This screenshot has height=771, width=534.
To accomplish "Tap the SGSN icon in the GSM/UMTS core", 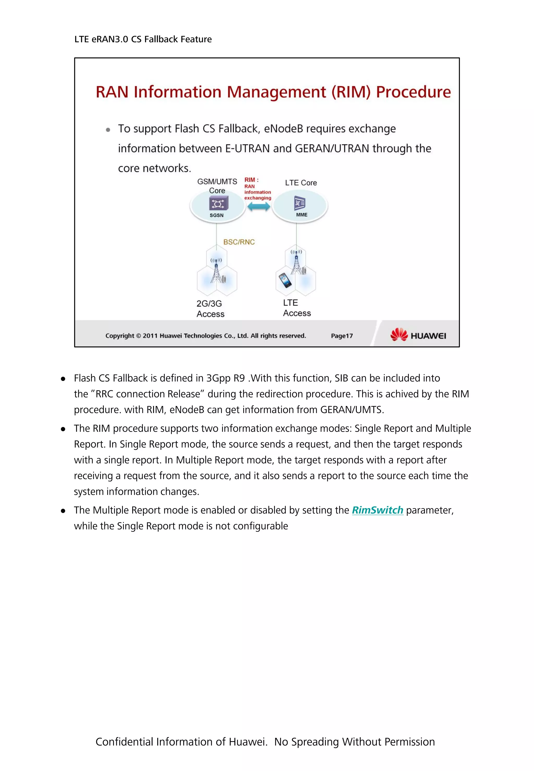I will [x=219, y=203].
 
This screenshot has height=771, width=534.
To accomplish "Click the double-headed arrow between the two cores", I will [x=258, y=207].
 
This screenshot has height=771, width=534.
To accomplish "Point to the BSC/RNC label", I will [x=239, y=242].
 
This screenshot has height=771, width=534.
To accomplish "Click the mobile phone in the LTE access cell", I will [x=285, y=280].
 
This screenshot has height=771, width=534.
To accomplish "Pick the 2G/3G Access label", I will [x=210, y=309].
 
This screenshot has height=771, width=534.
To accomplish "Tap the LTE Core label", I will [x=301, y=183].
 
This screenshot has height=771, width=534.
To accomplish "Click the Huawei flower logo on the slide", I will [x=399, y=334].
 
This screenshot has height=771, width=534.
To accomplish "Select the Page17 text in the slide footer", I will [x=342, y=336].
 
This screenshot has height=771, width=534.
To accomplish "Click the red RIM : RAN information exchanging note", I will [x=257, y=189].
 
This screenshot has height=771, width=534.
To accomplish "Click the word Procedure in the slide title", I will [x=413, y=92].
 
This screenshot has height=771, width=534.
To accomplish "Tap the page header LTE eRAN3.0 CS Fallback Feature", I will [x=143, y=39].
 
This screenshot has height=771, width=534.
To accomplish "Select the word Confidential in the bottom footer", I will [x=124, y=741].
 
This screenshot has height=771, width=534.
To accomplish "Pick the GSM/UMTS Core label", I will [x=217, y=186].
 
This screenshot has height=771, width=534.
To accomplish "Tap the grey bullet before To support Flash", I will [x=108, y=130].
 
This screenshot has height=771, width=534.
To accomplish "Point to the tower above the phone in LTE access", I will [x=296, y=262].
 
